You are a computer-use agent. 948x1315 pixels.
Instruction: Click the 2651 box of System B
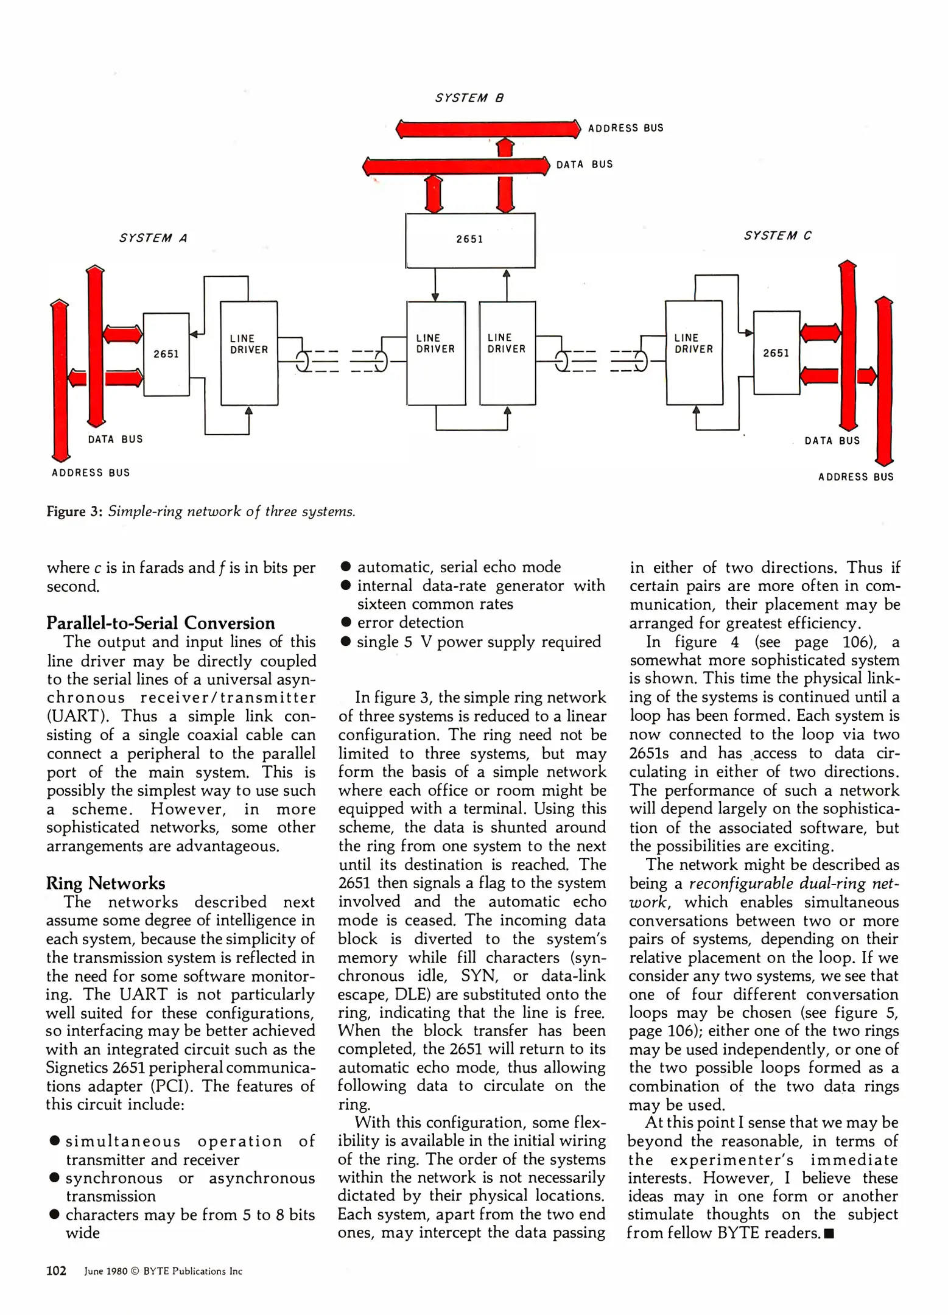[x=470, y=240]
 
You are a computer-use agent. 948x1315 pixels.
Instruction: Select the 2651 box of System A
[x=166, y=354]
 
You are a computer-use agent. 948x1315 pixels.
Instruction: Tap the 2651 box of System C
[x=776, y=352]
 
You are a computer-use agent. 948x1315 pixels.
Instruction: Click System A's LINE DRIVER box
[x=249, y=352]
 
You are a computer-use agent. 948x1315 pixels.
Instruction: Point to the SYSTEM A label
[x=153, y=238]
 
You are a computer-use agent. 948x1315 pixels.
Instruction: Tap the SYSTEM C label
[x=778, y=236]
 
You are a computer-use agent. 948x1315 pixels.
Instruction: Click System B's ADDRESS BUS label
[x=625, y=128]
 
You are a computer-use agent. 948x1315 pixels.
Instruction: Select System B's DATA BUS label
[x=585, y=164]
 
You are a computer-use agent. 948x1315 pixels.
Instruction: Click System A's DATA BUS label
[x=115, y=439]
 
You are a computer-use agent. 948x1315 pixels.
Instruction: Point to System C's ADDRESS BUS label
[x=855, y=477]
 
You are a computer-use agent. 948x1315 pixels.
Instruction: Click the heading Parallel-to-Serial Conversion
[x=161, y=623]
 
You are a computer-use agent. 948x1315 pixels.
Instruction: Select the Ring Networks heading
[x=105, y=883]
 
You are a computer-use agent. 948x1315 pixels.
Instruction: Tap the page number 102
[x=56, y=1271]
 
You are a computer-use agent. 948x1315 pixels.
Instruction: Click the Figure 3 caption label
[x=74, y=511]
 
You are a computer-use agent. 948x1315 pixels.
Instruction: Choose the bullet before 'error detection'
[x=346, y=622]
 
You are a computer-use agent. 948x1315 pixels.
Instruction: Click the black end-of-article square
[x=828, y=1234]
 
